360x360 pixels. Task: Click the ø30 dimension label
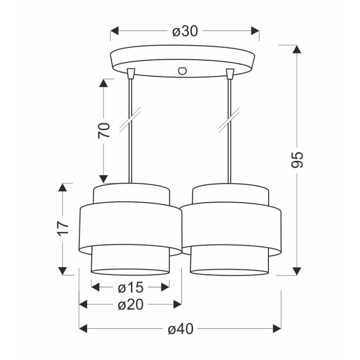coord(185,31)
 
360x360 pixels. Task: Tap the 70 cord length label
coord(104,130)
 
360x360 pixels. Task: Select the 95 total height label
coord(297,160)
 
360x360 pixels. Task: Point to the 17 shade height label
coord(63,229)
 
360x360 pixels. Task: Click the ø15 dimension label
coord(131,287)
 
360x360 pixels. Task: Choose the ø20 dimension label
coord(131,305)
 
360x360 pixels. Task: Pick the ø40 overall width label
coord(180,329)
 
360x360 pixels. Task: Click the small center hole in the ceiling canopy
coord(182,71)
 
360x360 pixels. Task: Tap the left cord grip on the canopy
coord(131,73)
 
